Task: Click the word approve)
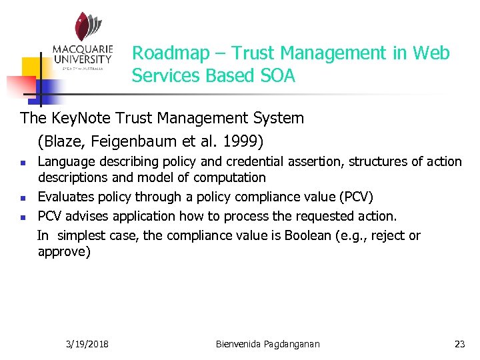pyautogui.click(x=64, y=252)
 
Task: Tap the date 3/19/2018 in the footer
pyautogui.click(x=88, y=344)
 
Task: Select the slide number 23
pyautogui.click(x=459, y=344)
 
